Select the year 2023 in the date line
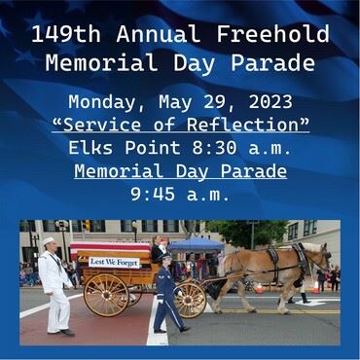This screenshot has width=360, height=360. pyautogui.click(x=263, y=102)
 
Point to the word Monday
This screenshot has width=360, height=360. pyautogui.click(x=102, y=102)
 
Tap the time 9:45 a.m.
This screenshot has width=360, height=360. pyautogui.click(x=180, y=194)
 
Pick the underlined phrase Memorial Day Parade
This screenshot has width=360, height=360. pyautogui.click(x=180, y=171)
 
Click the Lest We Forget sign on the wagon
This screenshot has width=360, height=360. pyautogui.click(x=115, y=262)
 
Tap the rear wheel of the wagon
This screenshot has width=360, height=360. pyautogui.click(x=106, y=295)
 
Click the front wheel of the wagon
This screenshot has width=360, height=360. pyautogui.click(x=191, y=298)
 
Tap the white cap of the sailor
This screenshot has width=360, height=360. pyautogui.click(x=47, y=241)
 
